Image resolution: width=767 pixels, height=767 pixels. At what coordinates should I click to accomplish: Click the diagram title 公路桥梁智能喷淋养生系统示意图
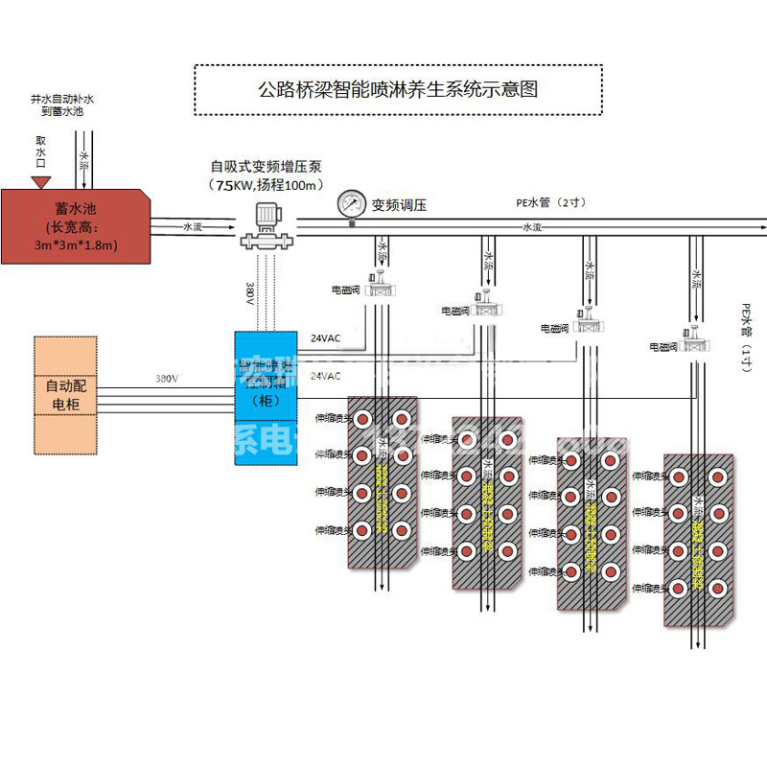[x=398, y=90]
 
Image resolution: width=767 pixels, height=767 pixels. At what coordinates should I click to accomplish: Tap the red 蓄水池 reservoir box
[x=77, y=225]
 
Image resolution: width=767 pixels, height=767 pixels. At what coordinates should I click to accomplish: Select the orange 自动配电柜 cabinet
[x=65, y=394]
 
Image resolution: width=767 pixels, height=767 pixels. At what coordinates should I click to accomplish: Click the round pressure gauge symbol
[x=352, y=204]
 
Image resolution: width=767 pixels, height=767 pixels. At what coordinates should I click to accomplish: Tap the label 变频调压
[x=398, y=204]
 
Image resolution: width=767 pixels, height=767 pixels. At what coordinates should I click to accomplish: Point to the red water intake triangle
[x=41, y=181]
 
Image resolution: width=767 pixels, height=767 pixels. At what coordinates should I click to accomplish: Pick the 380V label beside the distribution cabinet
[x=167, y=379]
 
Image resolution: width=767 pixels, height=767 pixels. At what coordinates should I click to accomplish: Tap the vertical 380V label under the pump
[x=250, y=292]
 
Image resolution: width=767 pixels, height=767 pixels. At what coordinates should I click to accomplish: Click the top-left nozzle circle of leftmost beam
[x=364, y=419]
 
